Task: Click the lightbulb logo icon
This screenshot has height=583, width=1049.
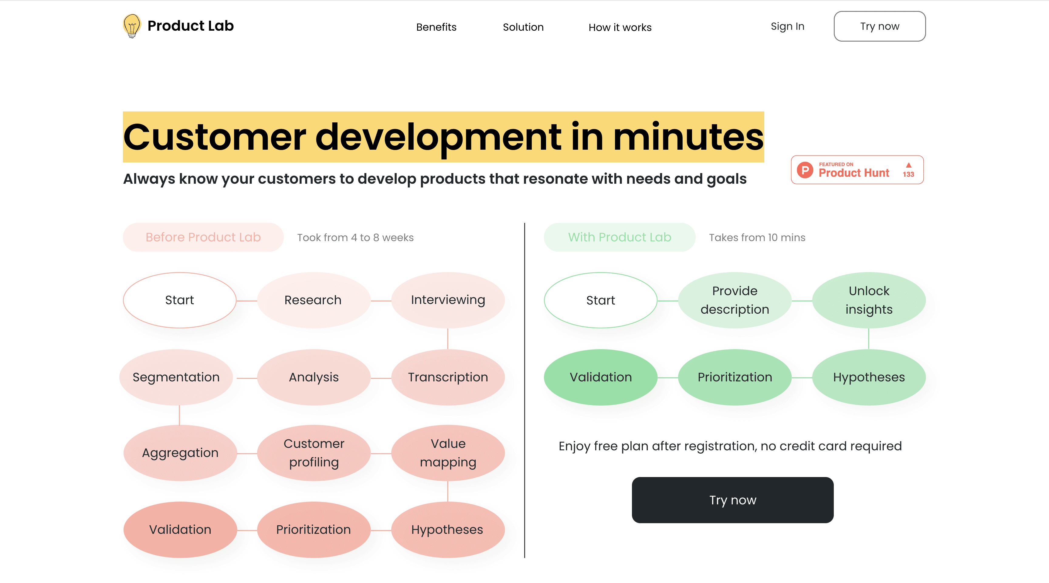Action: [x=131, y=26]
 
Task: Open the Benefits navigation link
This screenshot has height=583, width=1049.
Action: [x=436, y=27]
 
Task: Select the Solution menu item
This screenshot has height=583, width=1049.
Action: [x=523, y=27]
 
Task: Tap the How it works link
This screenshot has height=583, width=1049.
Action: [x=620, y=27]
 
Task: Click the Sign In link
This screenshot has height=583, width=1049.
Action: [x=787, y=26]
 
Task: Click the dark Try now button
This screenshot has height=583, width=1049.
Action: [x=732, y=500]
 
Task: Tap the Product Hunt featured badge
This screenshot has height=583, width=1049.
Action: [x=857, y=170]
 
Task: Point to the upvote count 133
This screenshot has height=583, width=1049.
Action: [x=908, y=174]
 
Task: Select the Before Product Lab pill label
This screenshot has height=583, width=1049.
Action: [x=203, y=237]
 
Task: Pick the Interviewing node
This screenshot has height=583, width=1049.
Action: [x=447, y=300]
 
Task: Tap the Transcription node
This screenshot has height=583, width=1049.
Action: [x=447, y=377]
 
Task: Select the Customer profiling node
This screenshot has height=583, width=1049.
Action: [x=314, y=453]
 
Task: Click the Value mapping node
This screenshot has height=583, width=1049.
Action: [x=447, y=453]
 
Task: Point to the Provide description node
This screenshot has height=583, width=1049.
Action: [x=734, y=300]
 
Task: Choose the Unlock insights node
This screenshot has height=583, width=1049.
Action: [x=869, y=300]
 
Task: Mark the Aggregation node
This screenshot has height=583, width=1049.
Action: [x=180, y=453]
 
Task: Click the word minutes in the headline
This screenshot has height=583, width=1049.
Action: [x=688, y=137]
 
